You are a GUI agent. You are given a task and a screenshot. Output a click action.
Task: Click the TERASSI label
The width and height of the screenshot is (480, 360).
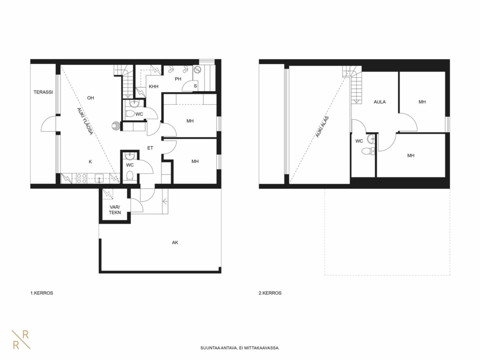(x=43, y=92)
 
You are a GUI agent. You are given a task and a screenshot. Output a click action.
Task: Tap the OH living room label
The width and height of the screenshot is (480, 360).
(x=90, y=98)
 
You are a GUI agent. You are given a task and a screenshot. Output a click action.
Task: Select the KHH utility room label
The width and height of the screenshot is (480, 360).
(x=154, y=87)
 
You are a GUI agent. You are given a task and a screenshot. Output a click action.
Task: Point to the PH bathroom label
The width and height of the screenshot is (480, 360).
(x=178, y=79)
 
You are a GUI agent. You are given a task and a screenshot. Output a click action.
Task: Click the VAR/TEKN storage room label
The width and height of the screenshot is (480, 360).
(x=115, y=210)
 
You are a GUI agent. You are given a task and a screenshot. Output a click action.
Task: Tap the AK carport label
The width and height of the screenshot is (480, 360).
(x=175, y=243)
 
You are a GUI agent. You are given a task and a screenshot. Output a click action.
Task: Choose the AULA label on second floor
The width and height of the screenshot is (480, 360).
(x=380, y=102)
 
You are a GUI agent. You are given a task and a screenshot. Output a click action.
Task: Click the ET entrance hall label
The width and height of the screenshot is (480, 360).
(x=150, y=148)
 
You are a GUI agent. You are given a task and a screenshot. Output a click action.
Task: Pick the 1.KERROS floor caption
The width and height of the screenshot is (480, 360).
(x=41, y=293)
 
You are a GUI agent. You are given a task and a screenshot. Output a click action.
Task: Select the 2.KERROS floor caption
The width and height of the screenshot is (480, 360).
(x=270, y=293)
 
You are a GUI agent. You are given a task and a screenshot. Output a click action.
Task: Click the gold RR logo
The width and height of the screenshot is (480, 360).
(x=21, y=340)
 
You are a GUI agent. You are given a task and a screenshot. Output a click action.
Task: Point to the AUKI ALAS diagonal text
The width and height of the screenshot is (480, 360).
(x=322, y=127)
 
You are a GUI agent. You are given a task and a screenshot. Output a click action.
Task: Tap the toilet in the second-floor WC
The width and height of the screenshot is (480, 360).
(x=368, y=151)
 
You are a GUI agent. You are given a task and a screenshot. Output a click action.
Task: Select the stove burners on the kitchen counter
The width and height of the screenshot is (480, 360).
(x=82, y=179)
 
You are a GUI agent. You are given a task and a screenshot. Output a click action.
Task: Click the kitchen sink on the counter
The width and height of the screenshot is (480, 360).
(x=99, y=178)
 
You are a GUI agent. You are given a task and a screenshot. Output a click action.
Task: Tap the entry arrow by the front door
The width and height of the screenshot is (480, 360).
(x=165, y=201)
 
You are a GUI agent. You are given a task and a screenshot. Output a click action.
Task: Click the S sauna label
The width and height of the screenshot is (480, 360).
(x=195, y=86)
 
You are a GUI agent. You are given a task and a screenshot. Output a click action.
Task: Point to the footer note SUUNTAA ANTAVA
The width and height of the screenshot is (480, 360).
(x=240, y=348)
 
